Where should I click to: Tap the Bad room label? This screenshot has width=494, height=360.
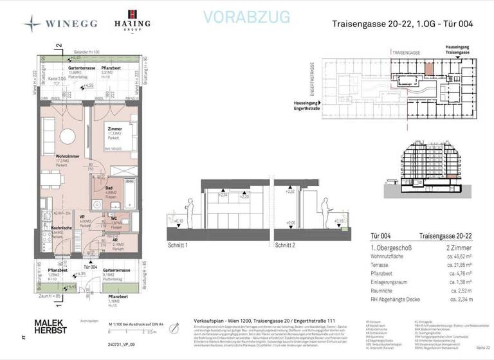click(x=110, y=188)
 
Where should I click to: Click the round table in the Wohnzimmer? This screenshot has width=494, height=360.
click(x=67, y=136)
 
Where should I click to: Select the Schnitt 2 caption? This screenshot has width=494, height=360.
click(x=286, y=246)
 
